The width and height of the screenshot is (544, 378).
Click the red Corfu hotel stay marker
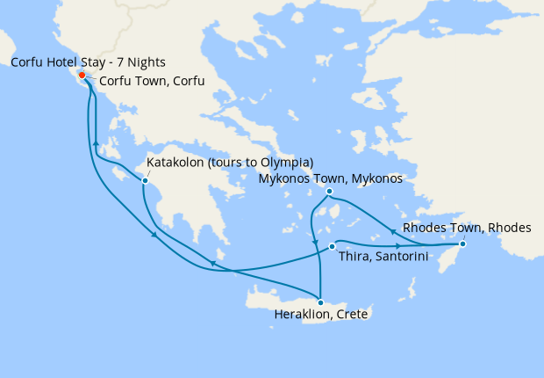pos(82,76)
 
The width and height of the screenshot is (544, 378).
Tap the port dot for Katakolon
pos(145,180)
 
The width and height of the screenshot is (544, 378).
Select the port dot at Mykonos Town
pos(329,192)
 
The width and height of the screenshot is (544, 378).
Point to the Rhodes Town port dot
pos(462,244)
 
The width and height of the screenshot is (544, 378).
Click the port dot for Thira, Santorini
pos(331,246)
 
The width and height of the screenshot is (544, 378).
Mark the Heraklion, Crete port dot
pos(320,302)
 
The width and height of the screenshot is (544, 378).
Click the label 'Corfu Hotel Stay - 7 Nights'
pos(88,62)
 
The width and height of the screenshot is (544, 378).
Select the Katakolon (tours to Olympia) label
pos(230,163)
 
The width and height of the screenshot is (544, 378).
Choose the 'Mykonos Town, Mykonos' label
pos(330,178)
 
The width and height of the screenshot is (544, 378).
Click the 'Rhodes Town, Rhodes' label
pos(466,228)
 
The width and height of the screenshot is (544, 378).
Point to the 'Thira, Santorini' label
pos(384,258)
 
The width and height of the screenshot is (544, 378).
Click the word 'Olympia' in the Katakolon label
pos(285,163)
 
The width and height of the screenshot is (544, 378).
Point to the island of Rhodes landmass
pos(472,255)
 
